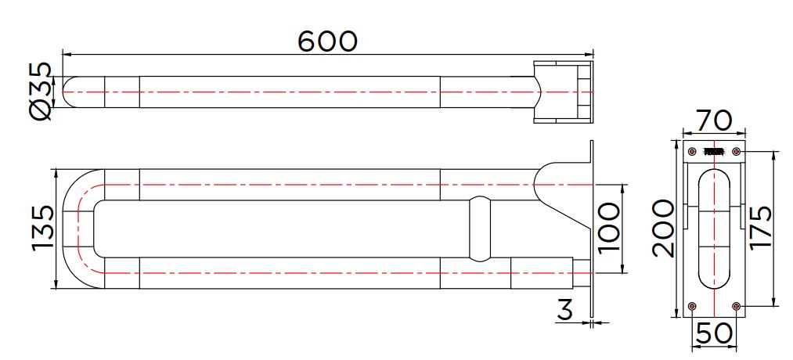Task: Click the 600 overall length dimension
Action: (327, 41)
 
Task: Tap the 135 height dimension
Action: (42, 228)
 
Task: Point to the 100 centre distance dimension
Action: (607, 227)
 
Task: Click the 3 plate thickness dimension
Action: (565, 310)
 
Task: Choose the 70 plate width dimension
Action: (714, 121)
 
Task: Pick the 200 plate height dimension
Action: (663, 229)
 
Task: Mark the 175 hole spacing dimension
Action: (760, 227)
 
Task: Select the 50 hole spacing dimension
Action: (714, 333)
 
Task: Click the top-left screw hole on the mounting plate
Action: (692, 151)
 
